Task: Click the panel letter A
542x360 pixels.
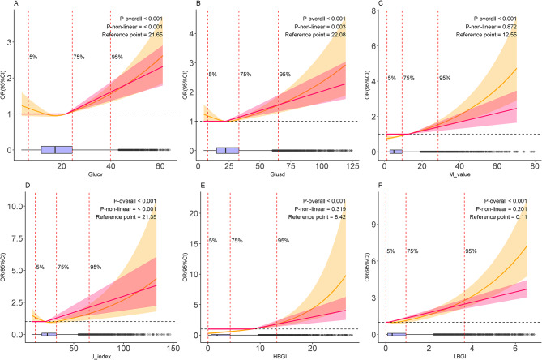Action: click(5, 5)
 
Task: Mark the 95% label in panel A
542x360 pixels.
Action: click(117, 57)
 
